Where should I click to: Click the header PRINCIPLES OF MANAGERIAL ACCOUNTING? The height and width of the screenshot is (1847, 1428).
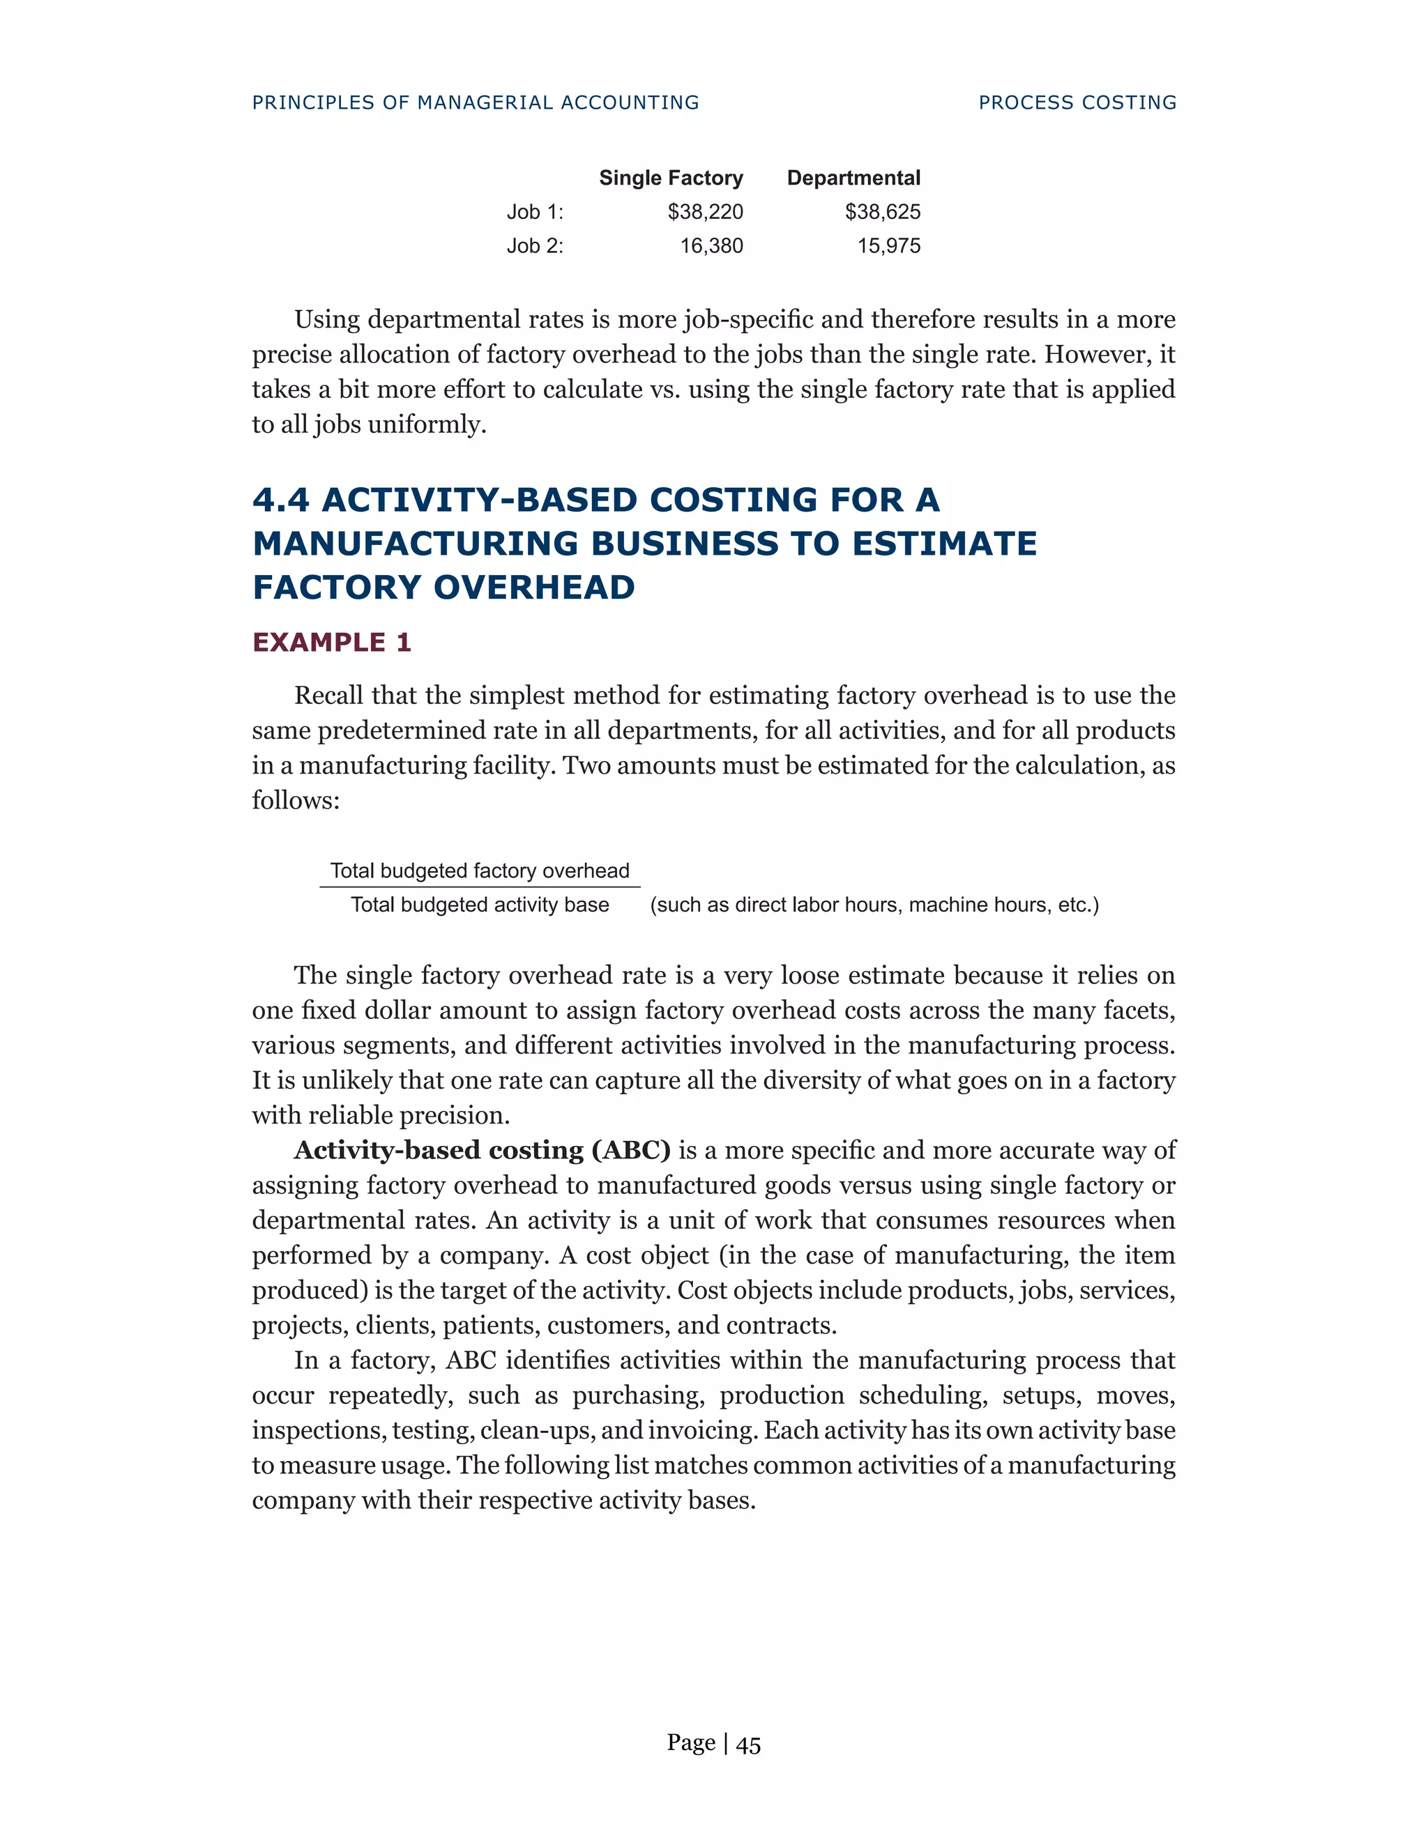476,102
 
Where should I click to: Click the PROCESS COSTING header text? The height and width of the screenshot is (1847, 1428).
1077,102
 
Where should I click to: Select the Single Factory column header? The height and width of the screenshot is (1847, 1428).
671,178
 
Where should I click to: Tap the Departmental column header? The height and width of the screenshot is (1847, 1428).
853,178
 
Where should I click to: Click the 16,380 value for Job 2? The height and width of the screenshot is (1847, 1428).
711,246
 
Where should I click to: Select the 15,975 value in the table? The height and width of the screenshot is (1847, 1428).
888,246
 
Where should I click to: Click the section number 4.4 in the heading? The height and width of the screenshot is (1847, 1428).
281,500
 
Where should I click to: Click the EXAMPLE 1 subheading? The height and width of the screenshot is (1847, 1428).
332,643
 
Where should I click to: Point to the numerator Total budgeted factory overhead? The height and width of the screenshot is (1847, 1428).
480,871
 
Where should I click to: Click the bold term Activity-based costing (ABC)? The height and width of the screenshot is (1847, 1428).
483,1150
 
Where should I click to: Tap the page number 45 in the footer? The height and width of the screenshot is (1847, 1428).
748,1745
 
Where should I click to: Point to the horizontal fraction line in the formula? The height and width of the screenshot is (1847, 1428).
480,887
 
